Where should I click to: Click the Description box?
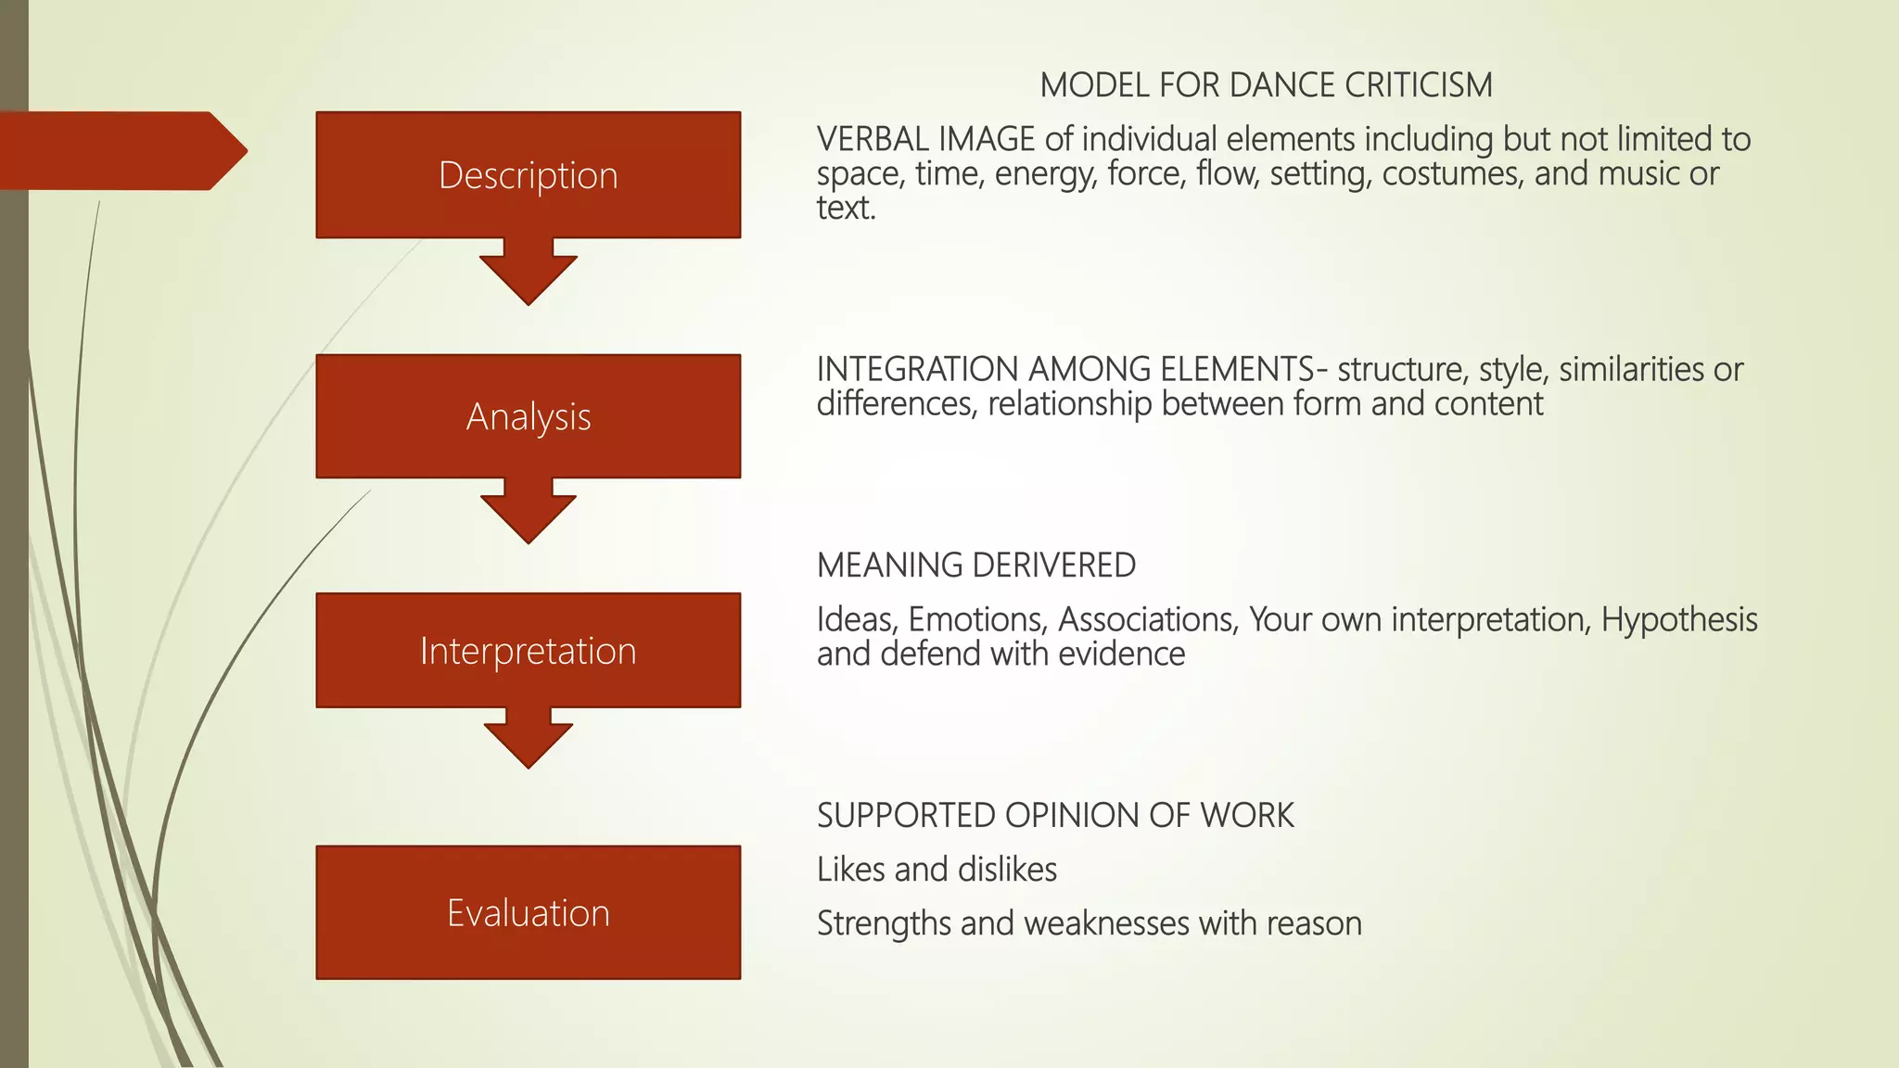coord(528,175)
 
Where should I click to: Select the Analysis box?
coord(528,416)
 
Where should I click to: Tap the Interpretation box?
coord(528,651)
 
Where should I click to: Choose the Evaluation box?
coord(528,913)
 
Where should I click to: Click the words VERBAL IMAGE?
coord(924,139)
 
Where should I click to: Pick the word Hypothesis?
coord(1678,619)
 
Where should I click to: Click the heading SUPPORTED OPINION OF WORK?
coord(1054,815)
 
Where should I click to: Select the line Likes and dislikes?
coord(937,870)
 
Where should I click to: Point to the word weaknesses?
coord(1106,923)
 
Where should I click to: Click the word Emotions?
coord(978,619)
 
